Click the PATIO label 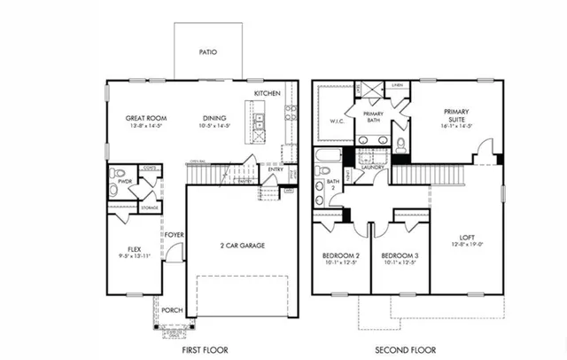pos(207,52)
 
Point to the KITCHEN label pos(268,93)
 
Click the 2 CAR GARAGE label pos(243,246)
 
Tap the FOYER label pos(174,235)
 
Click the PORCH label pos(172,310)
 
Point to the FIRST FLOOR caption pos(205,350)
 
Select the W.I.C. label pos(337,122)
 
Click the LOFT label pos(468,237)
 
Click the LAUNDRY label pos(371,166)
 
